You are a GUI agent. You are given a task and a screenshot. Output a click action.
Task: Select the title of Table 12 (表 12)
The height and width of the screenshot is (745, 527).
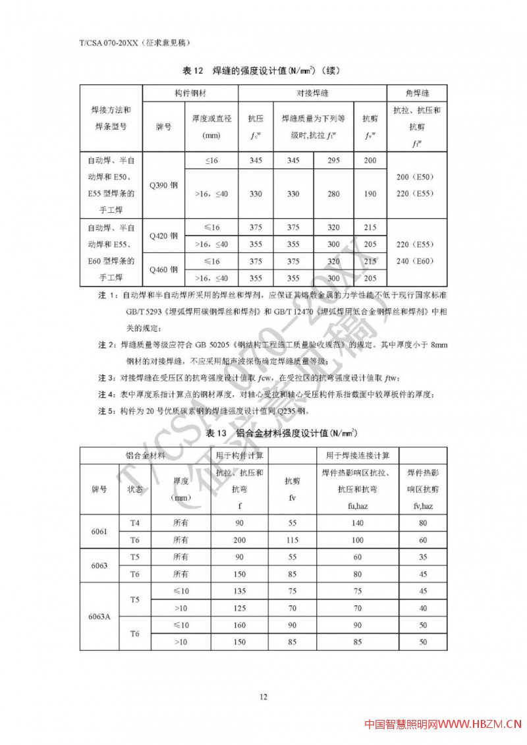click(263, 70)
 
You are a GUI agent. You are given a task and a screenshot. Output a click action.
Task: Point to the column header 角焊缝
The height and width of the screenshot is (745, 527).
click(416, 93)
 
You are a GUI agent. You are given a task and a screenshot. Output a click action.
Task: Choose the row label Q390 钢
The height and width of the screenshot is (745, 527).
click(164, 185)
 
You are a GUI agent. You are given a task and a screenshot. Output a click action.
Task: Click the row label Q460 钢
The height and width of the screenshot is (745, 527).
click(164, 269)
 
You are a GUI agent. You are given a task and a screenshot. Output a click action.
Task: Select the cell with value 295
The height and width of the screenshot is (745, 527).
click(334, 161)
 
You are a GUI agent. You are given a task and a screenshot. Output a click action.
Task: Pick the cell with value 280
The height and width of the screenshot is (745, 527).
click(334, 194)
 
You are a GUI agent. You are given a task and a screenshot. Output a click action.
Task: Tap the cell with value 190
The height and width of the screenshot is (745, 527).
click(370, 194)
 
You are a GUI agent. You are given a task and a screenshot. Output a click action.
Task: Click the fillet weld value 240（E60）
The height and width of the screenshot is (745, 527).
click(416, 261)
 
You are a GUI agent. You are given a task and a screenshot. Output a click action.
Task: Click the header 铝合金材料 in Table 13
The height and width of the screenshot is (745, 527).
click(146, 455)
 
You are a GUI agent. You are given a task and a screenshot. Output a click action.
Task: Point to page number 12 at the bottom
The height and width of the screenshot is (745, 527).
click(263, 697)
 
